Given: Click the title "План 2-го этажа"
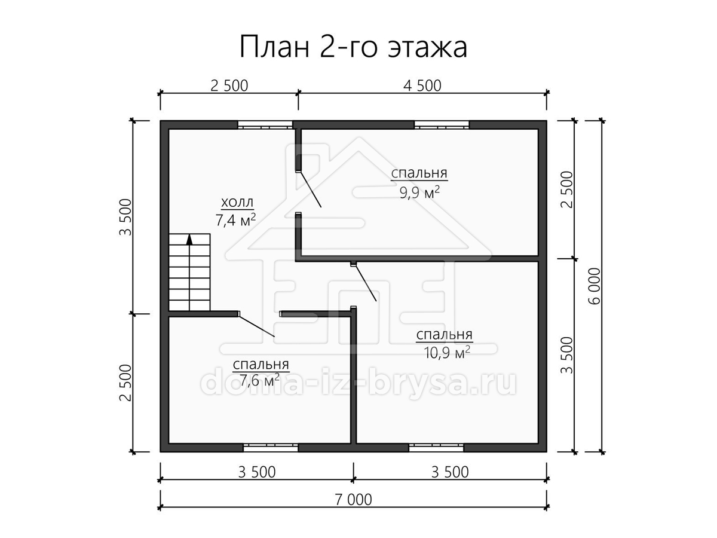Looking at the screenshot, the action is (354, 47).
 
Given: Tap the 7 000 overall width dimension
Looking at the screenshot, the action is (354, 500).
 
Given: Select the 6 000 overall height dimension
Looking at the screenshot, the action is (596, 286).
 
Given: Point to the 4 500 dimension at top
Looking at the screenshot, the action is (422, 85).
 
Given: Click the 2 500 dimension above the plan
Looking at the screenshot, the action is (229, 85).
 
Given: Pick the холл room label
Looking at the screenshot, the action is (237, 203).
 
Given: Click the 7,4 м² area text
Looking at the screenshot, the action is (235, 219).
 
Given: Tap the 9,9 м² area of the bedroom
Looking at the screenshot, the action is (419, 192).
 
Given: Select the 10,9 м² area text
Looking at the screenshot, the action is (447, 352).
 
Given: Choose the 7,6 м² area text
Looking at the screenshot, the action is (260, 380).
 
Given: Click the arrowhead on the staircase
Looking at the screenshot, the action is (189, 239).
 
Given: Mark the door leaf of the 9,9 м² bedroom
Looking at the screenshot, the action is (310, 189).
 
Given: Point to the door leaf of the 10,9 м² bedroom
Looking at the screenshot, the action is (366, 282).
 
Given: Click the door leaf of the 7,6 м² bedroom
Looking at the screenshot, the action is (257, 325).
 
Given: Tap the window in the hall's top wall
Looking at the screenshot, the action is (265, 125).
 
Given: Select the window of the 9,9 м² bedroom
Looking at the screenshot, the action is (442, 125).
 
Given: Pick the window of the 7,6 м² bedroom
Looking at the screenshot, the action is (271, 448).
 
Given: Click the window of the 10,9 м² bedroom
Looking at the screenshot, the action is (436, 448).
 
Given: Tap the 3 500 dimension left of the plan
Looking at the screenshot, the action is (125, 217).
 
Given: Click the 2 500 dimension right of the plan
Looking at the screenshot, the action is (568, 189).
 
